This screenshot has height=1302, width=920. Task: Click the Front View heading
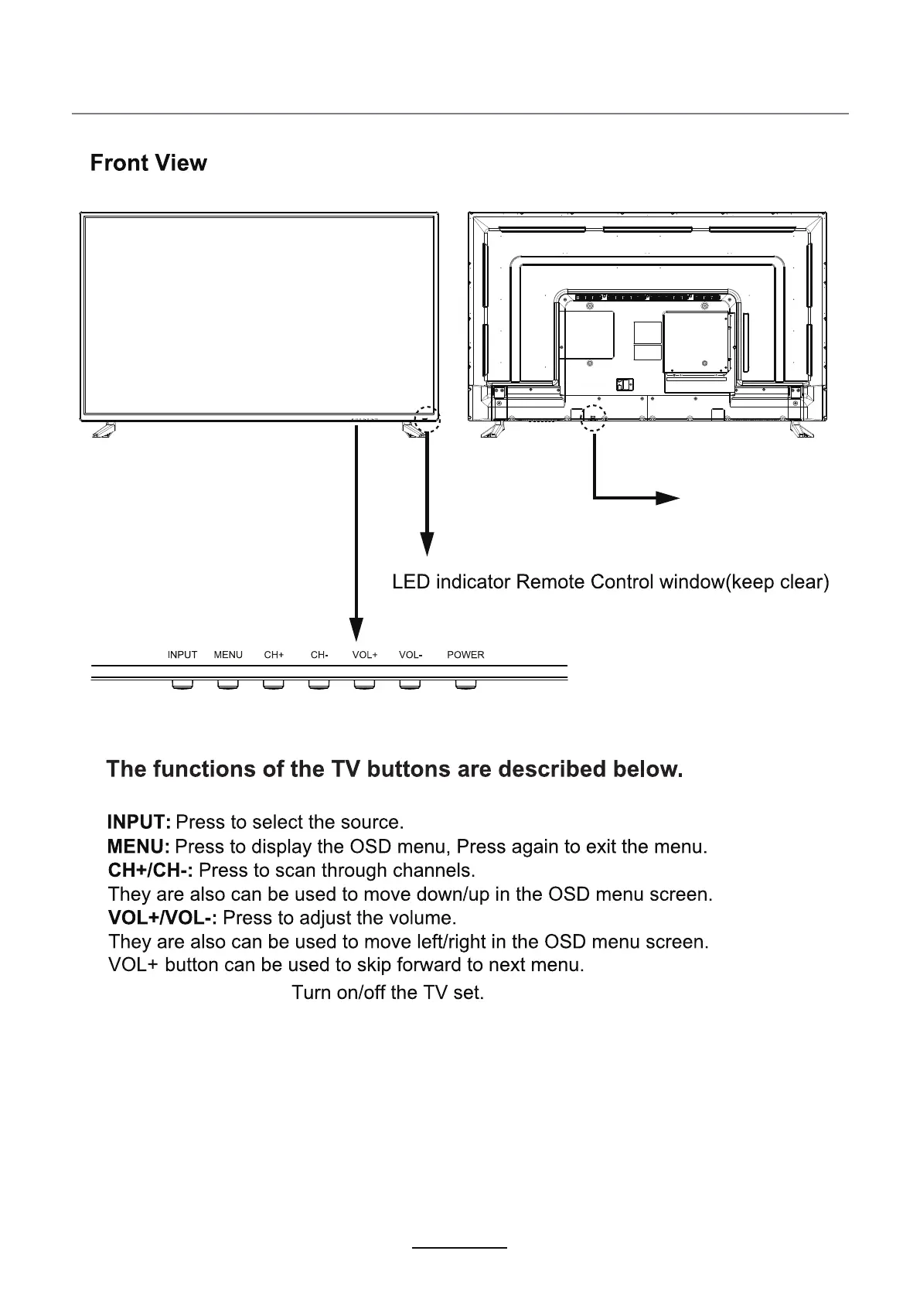(148, 163)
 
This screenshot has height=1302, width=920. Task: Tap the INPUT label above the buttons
(182, 655)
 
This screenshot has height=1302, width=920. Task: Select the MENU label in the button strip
(228, 655)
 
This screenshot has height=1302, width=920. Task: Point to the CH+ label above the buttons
(274, 655)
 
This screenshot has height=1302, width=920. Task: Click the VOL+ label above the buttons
(365, 655)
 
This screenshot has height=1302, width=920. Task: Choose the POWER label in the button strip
(465, 655)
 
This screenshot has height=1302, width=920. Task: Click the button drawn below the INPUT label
(182, 684)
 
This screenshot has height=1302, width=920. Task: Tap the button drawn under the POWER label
(465, 684)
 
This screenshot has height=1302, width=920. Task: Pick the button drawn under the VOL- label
(410, 684)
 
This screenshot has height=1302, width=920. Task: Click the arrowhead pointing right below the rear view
(666, 498)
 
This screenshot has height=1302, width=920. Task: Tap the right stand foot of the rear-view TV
(800, 430)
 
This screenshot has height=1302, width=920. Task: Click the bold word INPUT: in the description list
(139, 821)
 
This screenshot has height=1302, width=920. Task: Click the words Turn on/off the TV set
(387, 992)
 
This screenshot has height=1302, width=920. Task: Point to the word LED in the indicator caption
(411, 581)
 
